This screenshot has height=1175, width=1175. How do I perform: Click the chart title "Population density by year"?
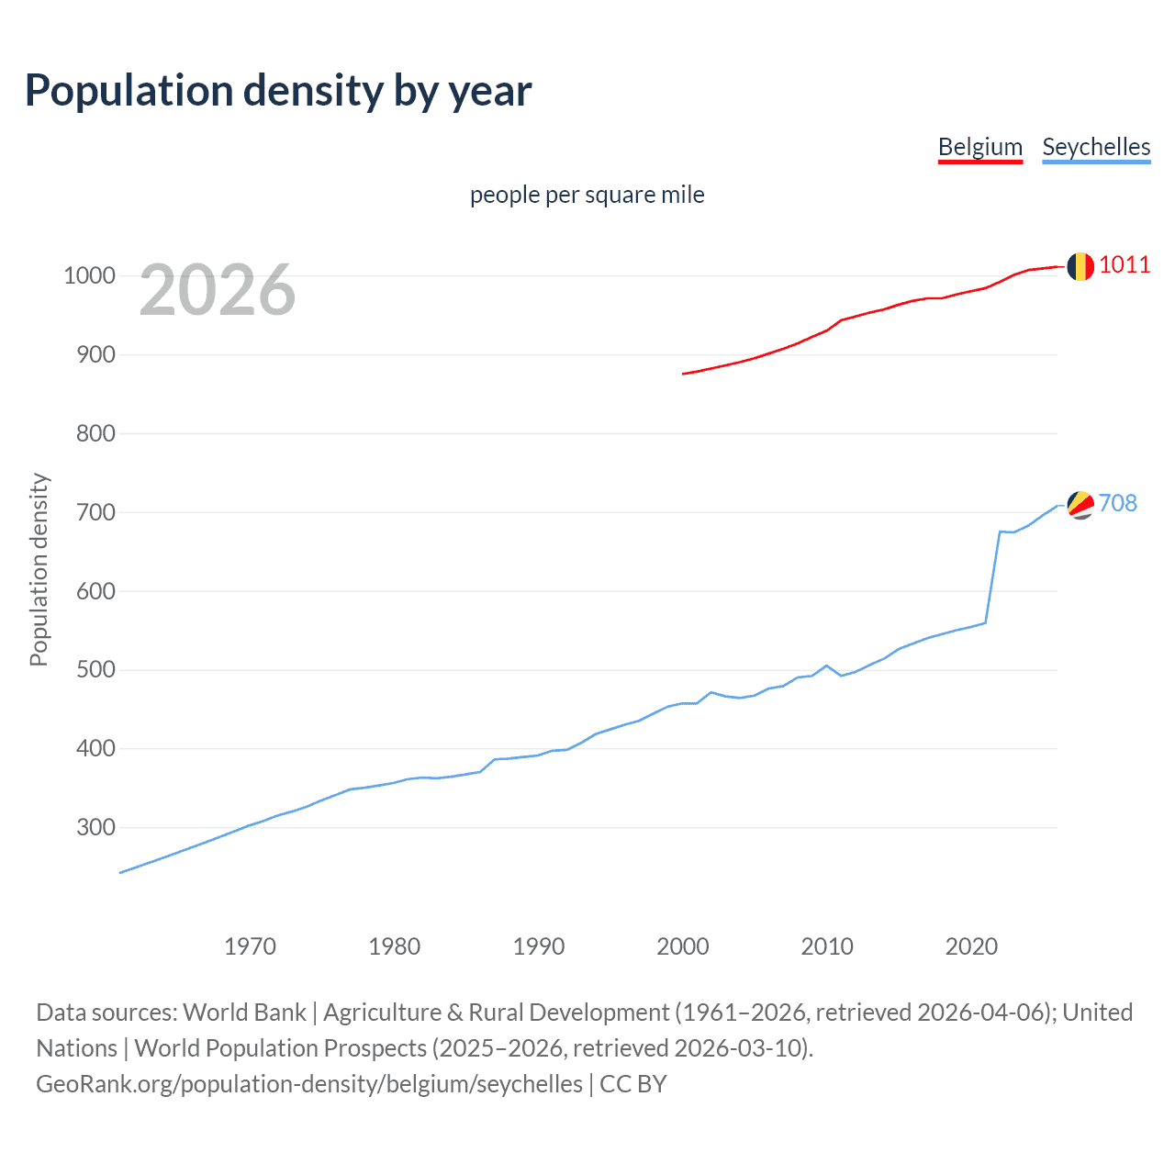(278, 91)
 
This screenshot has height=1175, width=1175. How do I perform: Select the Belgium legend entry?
(979, 147)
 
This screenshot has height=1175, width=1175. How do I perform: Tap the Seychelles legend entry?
(1096, 147)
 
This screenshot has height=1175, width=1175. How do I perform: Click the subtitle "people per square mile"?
(587, 195)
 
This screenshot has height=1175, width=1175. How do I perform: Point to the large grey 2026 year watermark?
(218, 290)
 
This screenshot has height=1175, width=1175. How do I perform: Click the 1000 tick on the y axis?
(89, 275)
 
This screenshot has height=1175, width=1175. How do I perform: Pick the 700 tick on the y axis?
(95, 512)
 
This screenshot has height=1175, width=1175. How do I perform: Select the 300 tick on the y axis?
(95, 827)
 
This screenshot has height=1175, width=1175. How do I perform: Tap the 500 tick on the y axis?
(95, 670)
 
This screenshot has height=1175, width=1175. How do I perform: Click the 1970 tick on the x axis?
(250, 946)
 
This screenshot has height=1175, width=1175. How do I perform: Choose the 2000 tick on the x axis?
(683, 946)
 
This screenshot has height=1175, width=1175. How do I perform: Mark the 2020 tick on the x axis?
(971, 946)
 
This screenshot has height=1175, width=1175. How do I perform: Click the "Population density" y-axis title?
(39, 569)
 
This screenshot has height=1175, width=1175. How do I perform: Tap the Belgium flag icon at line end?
(1080, 266)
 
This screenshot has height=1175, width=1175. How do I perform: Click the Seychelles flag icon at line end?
(1080, 504)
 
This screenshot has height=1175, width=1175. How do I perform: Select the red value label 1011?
(1125, 265)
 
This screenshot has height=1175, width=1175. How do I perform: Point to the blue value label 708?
(1118, 503)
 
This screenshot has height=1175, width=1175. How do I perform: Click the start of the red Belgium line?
(684, 374)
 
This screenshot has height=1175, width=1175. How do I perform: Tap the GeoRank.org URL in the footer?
(309, 1084)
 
